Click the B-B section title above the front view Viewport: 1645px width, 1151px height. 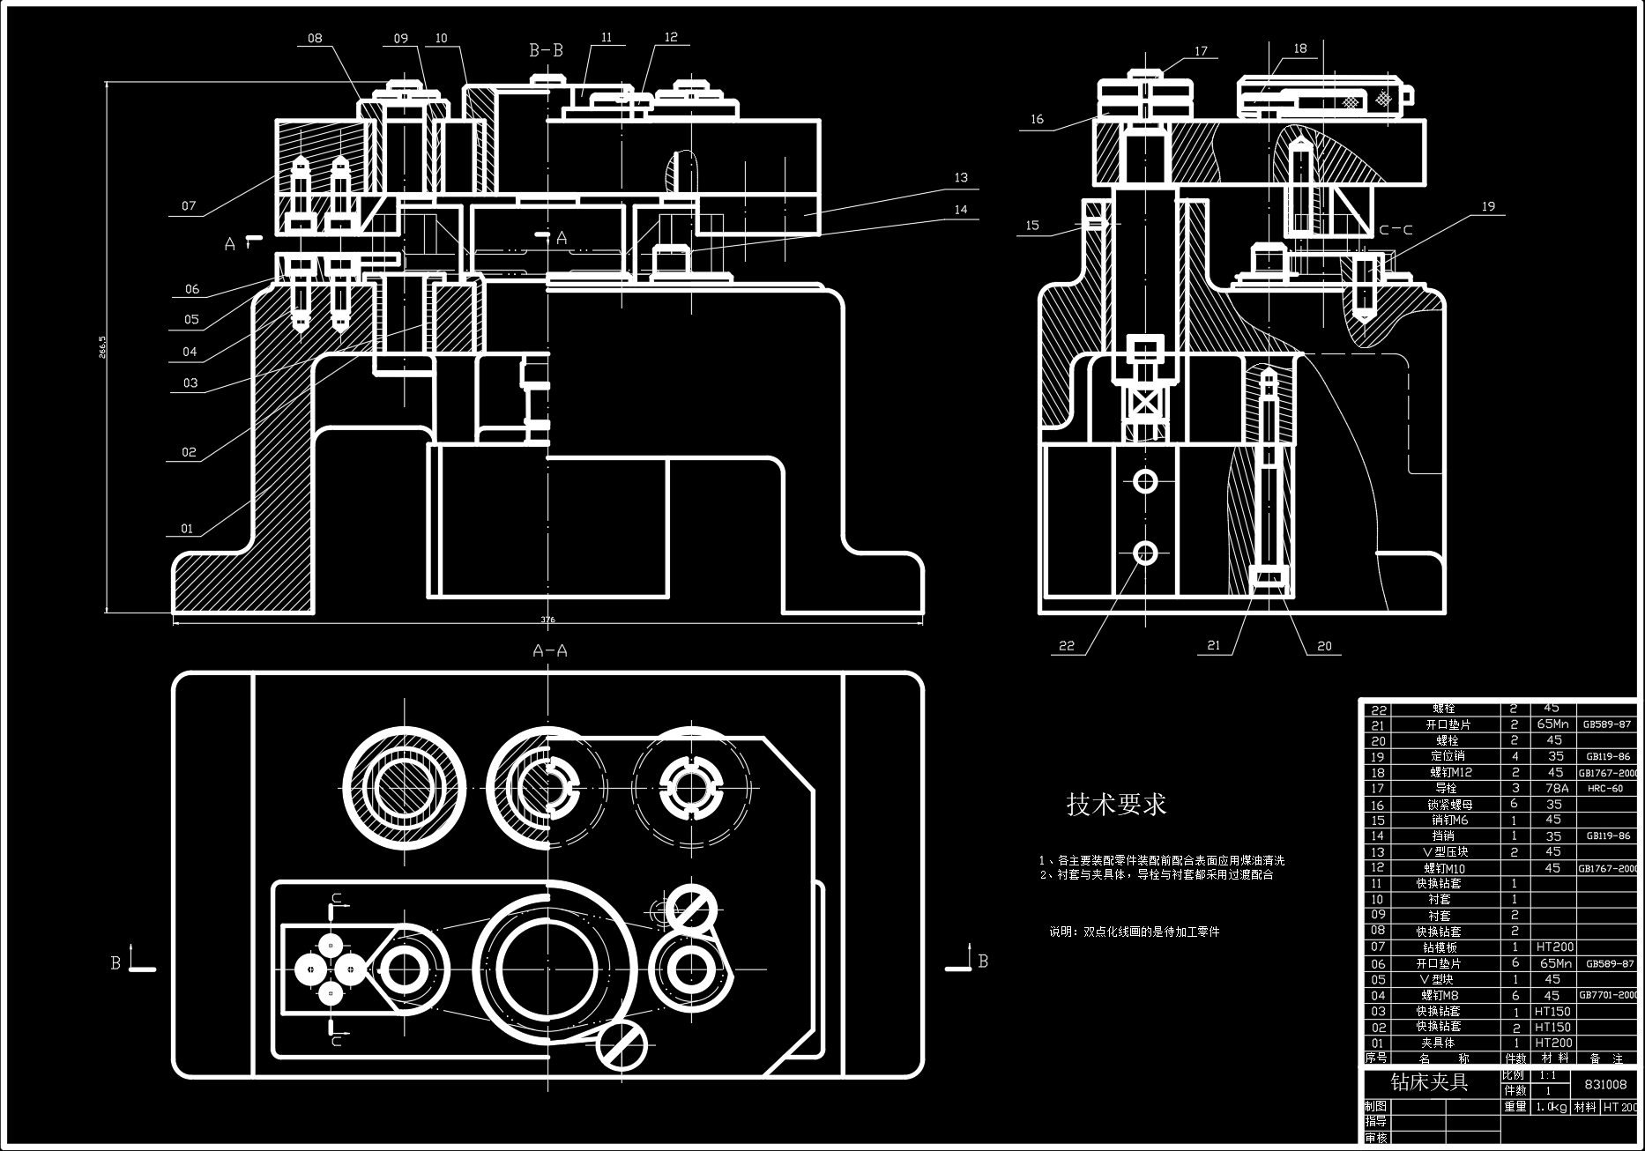(x=546, y=50)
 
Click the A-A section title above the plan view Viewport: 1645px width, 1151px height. (x=550, y=651)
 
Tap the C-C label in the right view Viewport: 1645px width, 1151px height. (x=1396, y=230)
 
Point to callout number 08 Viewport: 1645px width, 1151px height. (x=315, y=38)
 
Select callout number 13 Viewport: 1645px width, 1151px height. (x=961, y=178)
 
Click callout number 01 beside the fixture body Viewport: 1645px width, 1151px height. (x=187, y=529)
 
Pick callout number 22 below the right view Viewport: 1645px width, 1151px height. (x=1067, y=646)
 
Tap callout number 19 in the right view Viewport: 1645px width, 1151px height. (x=1488, y=206)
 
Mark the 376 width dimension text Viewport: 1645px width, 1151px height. (x=547, y=620)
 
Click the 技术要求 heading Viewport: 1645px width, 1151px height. (x=1116, y=804)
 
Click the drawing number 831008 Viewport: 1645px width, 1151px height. (x=1605, y=1084)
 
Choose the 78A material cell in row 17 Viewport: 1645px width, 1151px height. (x=1555, y=788)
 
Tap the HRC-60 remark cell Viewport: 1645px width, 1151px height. (x=1605, y=789)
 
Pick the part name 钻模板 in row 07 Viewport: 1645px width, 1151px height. (x=1440, y=947)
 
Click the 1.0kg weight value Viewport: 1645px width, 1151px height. (x=1551, y=1107)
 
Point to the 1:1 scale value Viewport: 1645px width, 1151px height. (x=1547, y=1075)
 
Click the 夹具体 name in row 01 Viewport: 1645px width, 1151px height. (x=1438, y=1043)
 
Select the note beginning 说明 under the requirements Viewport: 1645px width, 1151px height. (x=1134, y=932)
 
